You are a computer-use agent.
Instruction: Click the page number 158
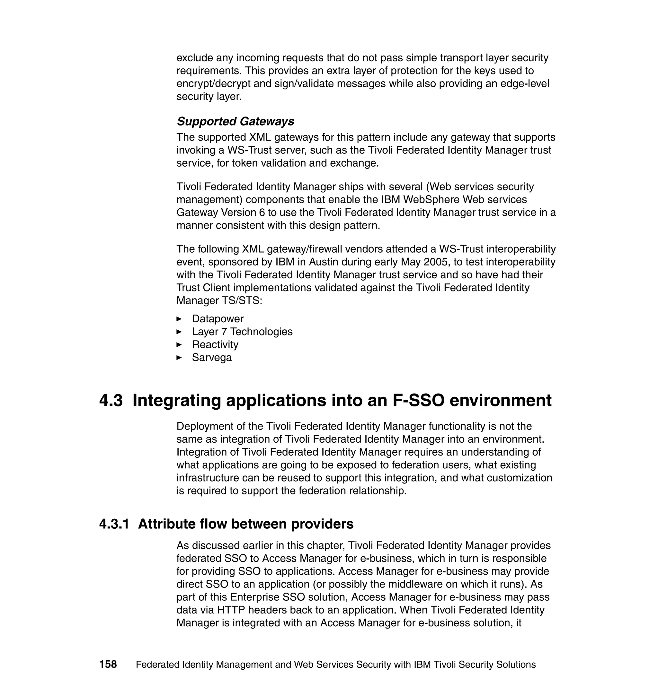pos(108,664)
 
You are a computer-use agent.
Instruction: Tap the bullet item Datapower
pos(218,318)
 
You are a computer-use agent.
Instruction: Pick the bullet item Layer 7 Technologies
pos(242,332)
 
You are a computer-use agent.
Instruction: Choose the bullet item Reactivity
pos(215,344)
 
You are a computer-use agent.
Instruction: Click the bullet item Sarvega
pos(212,357)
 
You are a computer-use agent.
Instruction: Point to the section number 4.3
pos(111,400)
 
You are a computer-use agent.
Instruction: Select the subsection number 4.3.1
pos(114,524)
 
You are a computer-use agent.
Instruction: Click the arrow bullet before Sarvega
pos(179,357)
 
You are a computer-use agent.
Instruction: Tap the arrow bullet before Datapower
pos(179,318)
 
